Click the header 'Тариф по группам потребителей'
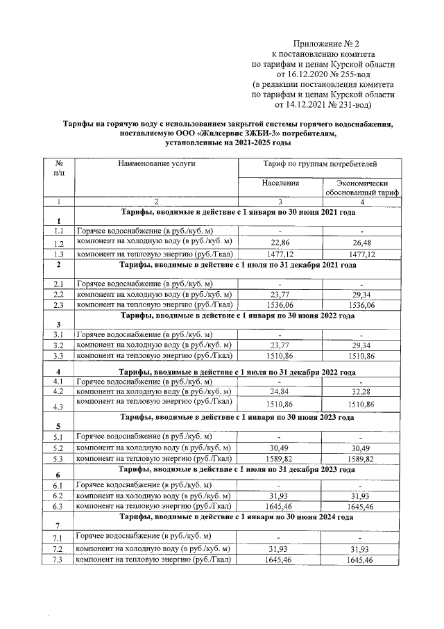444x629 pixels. pyautogui.click(x=320, y=163)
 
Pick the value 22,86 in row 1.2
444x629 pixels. pyautogui.click(x=280, y=243)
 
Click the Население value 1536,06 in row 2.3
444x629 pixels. pyautogui.click(x=280, y=304)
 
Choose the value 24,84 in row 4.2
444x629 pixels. pyautogui.click(x=280, y=391)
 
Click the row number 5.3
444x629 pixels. pyautogui.click(x=59, y=459)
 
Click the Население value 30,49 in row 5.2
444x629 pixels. pyautogui.click(x=280, y=448)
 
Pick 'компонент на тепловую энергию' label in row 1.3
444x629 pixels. pyautogui.click(x=153, y=254)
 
